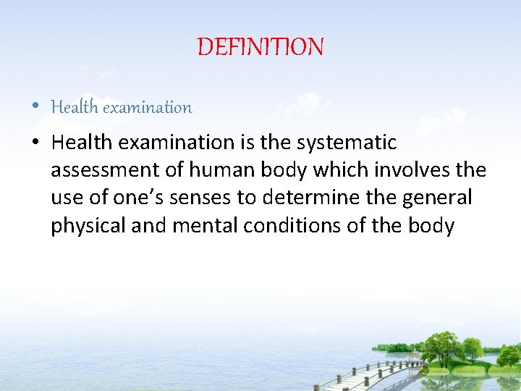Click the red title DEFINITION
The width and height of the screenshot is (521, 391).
point(260,48)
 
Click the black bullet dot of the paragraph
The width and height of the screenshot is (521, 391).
point(36,142)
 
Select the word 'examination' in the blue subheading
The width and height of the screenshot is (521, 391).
point(148,108)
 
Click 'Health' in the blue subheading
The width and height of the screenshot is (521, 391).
point(75,108)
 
